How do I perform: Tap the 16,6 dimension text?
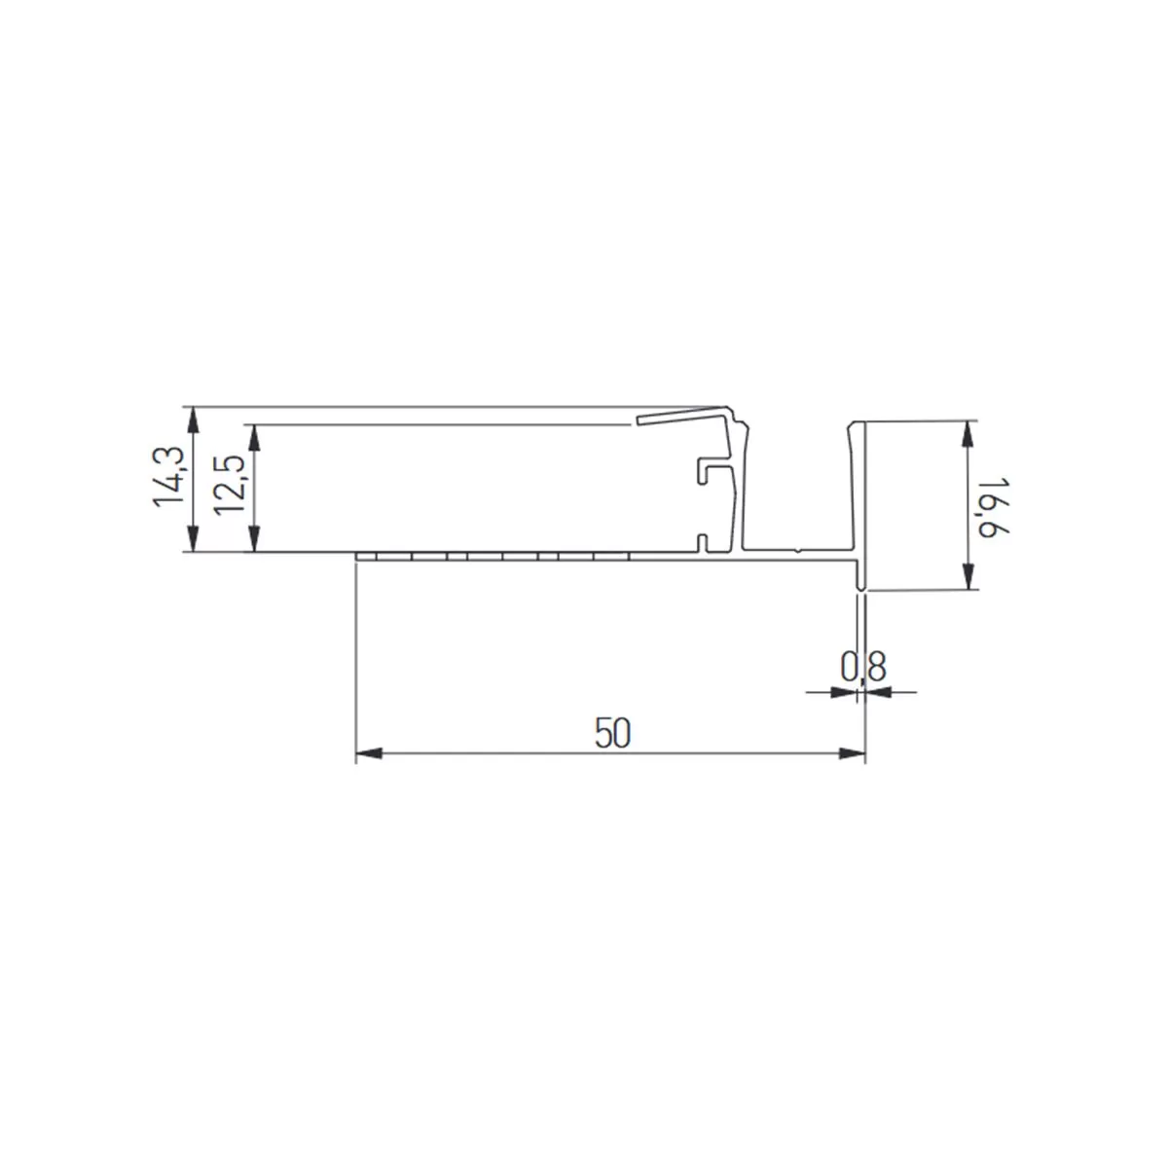(x=991, y=505)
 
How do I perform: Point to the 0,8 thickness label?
(x=862, y=667)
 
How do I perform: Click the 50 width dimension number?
(x=613, y=733)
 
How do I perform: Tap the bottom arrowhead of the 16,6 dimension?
(x=968, y=579)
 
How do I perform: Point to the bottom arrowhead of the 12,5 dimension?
(x=254, y=541)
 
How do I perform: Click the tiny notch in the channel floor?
(x=797, y=551)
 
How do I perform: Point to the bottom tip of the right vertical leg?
(x=860, y=587)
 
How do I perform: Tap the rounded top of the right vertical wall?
(x=857, y=425)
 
